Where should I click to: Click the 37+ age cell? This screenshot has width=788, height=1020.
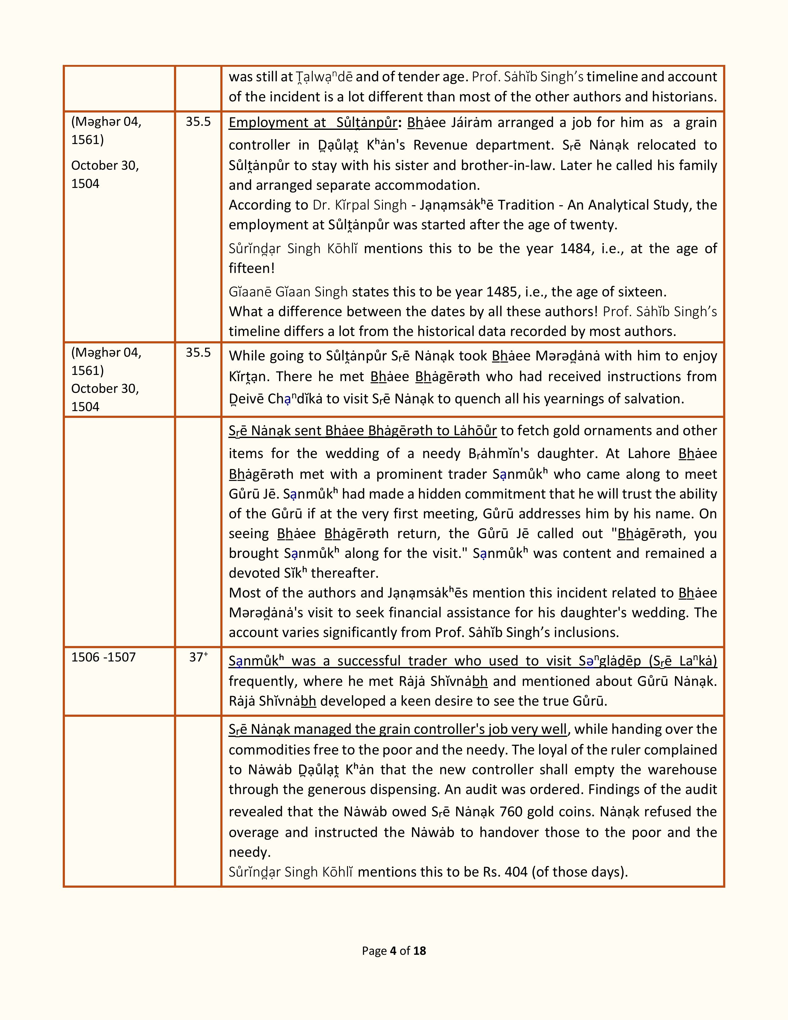198,657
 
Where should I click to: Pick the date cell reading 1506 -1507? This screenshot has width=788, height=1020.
103,657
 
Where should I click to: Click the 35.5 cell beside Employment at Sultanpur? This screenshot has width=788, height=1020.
198,121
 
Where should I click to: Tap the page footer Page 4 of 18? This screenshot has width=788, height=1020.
393,951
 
